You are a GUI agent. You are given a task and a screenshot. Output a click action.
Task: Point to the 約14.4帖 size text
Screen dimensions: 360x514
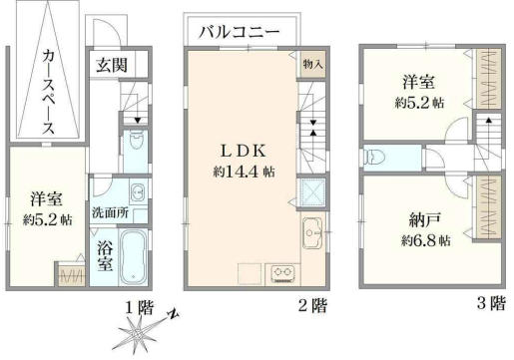pos(243,171)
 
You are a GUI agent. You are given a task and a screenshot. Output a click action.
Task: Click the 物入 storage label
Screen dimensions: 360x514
pos(311,62)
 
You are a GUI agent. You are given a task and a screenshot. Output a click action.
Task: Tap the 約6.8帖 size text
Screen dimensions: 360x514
pos(424,240)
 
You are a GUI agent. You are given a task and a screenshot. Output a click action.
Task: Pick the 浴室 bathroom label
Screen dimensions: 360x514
pos(104,255)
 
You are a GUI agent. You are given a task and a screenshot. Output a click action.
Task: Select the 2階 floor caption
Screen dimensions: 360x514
pos(311,305)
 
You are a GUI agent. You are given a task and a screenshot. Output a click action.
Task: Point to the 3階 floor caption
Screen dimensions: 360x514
pos(490,305)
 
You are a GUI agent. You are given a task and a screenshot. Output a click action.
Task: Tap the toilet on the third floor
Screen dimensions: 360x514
pos(375,157)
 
